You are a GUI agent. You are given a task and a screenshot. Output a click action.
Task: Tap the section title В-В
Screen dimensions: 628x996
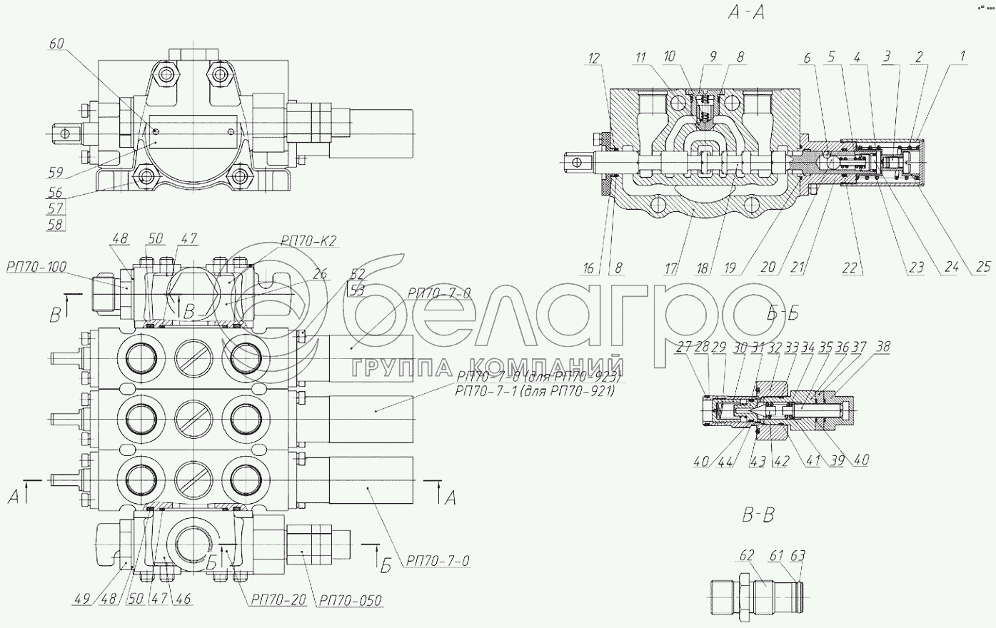coord(757,514)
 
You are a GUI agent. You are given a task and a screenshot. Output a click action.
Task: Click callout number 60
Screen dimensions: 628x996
coord(56,44)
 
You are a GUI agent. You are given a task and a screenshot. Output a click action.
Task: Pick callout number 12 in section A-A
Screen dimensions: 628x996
coord(596,57)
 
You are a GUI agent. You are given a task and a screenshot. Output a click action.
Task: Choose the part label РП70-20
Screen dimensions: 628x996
coord(278,601)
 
